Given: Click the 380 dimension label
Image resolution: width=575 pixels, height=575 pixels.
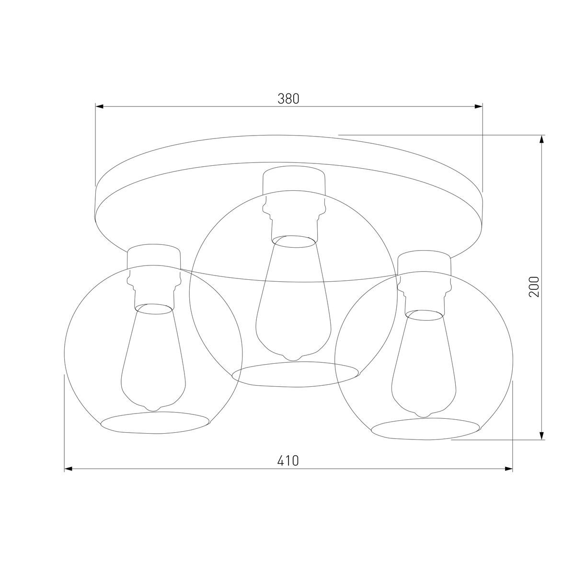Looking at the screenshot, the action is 288,99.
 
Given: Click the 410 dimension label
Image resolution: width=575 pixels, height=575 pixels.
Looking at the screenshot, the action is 288,460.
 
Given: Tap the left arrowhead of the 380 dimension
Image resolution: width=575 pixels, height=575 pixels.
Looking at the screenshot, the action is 99,106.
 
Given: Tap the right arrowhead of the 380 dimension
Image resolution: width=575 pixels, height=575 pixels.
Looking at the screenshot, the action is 479,106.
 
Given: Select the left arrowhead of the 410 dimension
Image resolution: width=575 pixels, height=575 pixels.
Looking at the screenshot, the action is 69,469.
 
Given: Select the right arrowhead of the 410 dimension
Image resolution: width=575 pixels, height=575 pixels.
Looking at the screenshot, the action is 508,469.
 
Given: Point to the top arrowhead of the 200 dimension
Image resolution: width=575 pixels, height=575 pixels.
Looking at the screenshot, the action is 542,139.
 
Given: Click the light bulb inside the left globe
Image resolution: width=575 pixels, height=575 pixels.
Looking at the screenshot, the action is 153,357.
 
